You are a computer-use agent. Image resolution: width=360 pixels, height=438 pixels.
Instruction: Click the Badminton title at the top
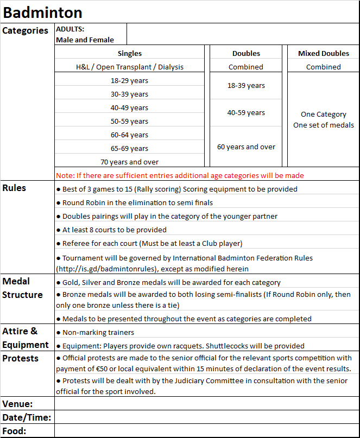click(43, 12)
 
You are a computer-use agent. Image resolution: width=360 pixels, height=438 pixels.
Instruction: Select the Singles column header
click(130, 53)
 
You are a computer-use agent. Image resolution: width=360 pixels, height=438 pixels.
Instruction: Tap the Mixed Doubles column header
click(324, 53)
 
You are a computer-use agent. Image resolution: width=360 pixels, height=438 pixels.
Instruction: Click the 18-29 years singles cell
click(129, 80)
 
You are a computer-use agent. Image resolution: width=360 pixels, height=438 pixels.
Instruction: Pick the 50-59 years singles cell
click(129, 121)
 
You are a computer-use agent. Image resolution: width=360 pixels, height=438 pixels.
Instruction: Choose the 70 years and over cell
click(129, 162)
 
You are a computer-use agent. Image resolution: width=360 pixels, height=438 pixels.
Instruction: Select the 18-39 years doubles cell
click(246, 86)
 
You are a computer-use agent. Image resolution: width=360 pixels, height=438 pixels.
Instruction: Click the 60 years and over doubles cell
click(246, 147)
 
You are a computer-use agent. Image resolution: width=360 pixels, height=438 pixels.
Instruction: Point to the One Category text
click(324, 115)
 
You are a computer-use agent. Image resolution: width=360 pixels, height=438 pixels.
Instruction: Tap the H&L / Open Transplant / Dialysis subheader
click(130, 67)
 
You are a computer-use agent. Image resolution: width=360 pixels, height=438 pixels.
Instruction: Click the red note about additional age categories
click(180, 175)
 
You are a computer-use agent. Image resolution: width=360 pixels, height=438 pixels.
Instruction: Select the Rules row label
click(14, 188)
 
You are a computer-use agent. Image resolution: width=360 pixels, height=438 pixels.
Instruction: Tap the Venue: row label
click(17, 404)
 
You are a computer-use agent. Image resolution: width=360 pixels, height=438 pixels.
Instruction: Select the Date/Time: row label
click(27, 417)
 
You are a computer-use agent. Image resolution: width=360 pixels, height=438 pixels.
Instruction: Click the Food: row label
click(15, 431)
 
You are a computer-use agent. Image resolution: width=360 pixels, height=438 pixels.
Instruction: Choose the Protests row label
click(20, 358)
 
